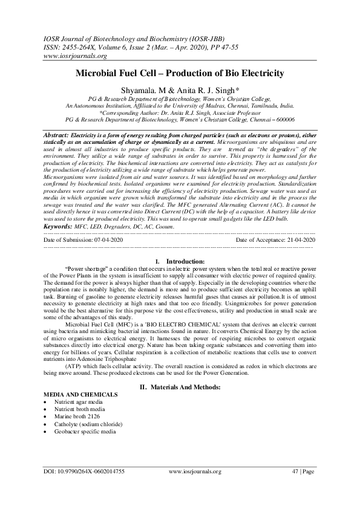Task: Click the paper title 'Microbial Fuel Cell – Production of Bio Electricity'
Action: tap(180, 73)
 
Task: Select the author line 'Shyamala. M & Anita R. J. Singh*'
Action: tap(180, 89)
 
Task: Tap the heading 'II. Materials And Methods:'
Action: tap(180, 385)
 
